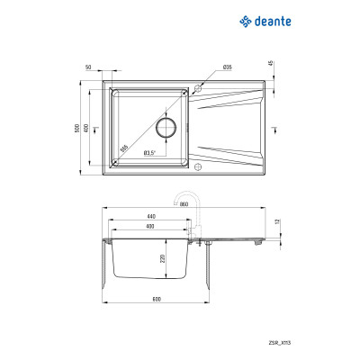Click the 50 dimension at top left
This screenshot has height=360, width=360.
click(x=89, y=68)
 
